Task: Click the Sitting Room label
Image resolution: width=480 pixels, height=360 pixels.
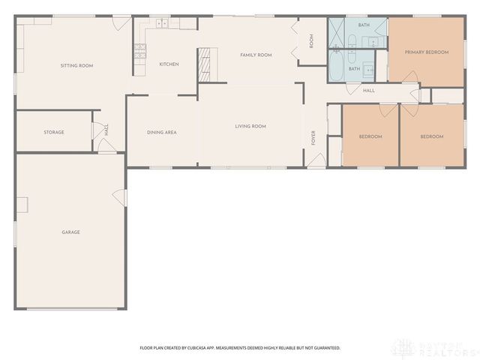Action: coord(76,66)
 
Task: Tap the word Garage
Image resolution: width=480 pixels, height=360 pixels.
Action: coord(70,232)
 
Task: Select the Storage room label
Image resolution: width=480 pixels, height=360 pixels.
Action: coord(53,132)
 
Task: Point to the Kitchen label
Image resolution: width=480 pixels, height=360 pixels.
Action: coord(169,64)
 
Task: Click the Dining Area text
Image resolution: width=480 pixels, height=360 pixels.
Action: coord(161,132)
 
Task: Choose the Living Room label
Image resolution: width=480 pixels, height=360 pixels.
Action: coord(250,126)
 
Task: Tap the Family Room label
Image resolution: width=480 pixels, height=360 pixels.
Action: coord(256,55)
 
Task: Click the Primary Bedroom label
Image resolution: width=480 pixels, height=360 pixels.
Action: coord(426,52)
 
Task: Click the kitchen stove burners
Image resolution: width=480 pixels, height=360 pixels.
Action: coord(139,52)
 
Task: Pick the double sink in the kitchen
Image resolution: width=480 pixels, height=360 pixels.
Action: coord(161,25)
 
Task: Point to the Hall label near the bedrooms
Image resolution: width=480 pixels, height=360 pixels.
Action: coord(368,91)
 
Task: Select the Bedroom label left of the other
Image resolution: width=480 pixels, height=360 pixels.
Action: coord(370,136)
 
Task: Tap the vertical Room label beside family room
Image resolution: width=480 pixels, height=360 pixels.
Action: coord(312,42)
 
